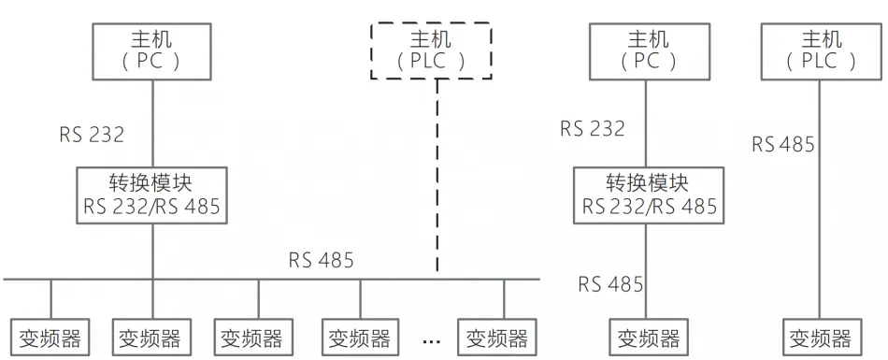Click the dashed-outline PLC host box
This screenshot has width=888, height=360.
431,50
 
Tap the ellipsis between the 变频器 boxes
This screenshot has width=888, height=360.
433,337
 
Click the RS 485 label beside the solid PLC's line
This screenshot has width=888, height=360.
784,144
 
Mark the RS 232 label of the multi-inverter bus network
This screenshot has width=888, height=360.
92,134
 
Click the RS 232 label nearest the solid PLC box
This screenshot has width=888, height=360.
593,128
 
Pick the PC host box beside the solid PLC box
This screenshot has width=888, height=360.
645,50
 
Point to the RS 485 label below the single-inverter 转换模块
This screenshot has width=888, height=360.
610,283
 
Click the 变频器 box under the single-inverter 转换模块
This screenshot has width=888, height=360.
645,337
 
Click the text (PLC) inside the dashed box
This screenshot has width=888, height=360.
431,62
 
